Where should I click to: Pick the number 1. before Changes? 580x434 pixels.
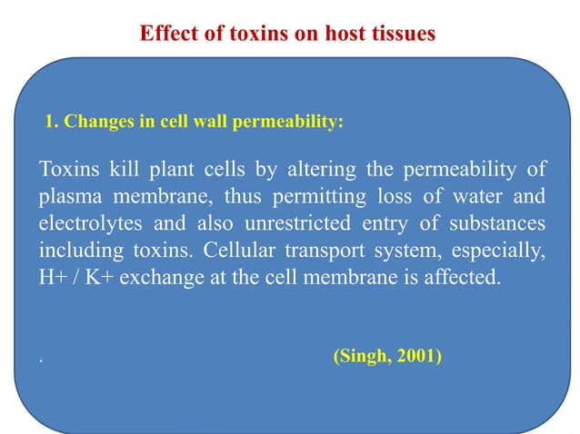tap(52, 119)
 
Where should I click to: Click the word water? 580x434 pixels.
tap(472, 196)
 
